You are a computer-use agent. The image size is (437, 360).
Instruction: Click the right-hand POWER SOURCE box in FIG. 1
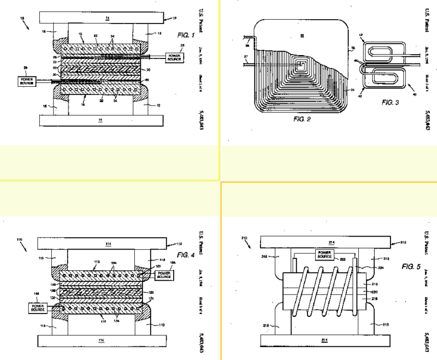175,57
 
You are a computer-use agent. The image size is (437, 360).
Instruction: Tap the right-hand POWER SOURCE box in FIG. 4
163,274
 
